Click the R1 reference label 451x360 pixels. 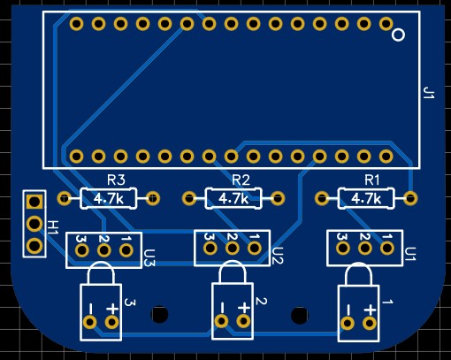[372, 180]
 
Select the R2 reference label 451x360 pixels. [241, 180]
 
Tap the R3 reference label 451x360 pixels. [116, 180]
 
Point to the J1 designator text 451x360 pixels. [429, 93]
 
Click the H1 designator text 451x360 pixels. [53, 227]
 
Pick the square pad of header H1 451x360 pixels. [34, 202]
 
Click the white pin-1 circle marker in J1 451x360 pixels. [398, 34]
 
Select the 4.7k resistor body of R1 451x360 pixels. [366, 198]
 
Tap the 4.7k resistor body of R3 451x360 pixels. [109, 198]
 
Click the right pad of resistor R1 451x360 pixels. [410, 198]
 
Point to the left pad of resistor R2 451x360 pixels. [189, 198]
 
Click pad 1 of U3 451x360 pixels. [126, 250]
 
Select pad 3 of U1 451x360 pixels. [343, 249]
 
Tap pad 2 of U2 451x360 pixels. [233, 249]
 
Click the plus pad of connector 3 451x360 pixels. [111, 322]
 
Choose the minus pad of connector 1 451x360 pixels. [348, 324]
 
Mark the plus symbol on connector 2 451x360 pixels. [244, 308]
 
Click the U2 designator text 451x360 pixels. [278, 256]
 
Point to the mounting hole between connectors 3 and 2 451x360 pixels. [159, 314]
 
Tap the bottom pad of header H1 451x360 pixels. [34, 246]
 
